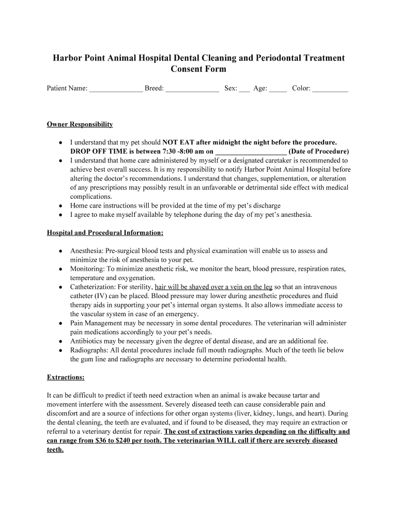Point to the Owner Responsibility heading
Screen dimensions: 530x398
click(x=80, y=125)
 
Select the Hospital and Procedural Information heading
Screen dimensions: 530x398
click(x=105, y=232)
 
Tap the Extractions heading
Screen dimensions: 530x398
click(x=66, y=377)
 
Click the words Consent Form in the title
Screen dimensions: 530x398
click(x=198, y=69)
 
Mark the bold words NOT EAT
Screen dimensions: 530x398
click(x=179, y=142)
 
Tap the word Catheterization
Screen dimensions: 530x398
click(x=93, y=287)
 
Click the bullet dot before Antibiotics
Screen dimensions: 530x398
click(x=61, y=341)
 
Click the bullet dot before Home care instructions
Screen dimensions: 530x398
click(x=61, y=205)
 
